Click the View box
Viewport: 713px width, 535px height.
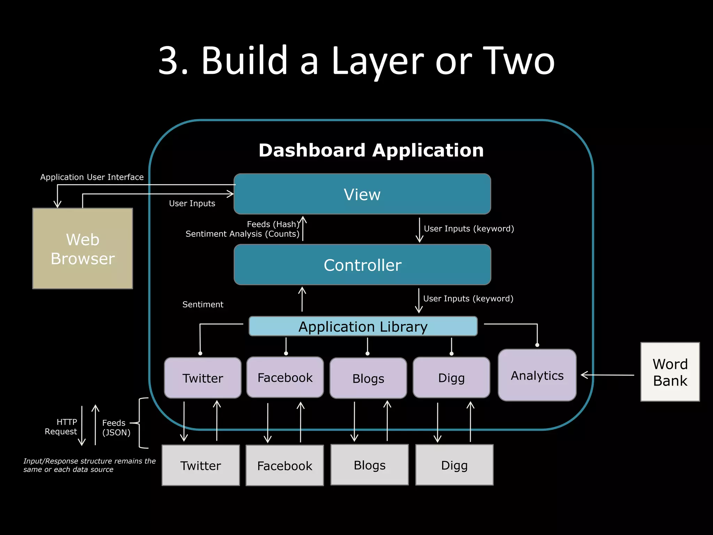tap(362, 194)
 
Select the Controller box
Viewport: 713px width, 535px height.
tap(362, 265)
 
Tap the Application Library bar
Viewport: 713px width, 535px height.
tap(363, 326)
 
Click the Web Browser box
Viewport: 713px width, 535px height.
tap(83, 248)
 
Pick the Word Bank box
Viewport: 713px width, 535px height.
tap(670, 372)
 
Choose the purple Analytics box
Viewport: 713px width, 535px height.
tap(537, 375)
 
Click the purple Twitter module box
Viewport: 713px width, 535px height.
tap(203, 378)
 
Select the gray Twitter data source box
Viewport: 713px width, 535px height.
tap(201, 465)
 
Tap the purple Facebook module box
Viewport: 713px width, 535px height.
tap(285, 377)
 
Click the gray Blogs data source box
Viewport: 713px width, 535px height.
tap(369, 465)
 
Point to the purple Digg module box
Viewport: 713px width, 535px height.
tap(451, 378)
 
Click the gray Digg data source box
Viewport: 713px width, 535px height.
tap(454, 465)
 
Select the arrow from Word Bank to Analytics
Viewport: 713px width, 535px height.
tap(608, 375)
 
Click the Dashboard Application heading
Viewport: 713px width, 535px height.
tap(371, 150)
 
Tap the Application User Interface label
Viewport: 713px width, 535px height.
tap(92, 177)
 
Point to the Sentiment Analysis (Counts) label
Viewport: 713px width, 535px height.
tap(242, 234)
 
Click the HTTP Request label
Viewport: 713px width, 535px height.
tap(61, 427)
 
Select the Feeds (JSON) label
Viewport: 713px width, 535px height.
tap(116, 427)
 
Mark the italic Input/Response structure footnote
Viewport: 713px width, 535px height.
tap(89, 465)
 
